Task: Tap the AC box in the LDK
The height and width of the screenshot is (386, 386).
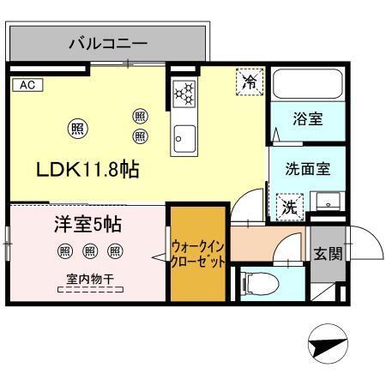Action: coord(26,85)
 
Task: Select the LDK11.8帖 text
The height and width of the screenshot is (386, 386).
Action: coord(87,169)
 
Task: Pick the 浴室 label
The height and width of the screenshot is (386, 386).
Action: coord(308,119)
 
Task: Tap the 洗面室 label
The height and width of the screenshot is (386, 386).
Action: coord(308,169)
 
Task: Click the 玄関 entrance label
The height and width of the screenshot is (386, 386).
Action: coord(328,253)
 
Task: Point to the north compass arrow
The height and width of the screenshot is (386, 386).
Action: coord(325,347)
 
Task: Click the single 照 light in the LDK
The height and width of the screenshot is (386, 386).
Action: coord(75,129)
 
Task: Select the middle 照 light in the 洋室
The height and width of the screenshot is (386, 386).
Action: coord(89,250)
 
